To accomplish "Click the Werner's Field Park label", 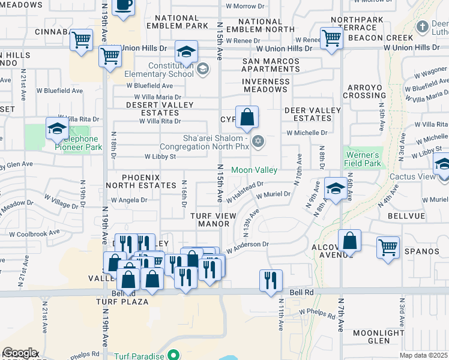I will pos(363,159).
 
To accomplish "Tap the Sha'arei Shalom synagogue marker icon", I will pos(258,142).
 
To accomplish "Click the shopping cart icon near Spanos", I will pos(388,246).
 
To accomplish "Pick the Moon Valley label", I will pos(255,170).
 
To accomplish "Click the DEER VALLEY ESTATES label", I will pos(312,115).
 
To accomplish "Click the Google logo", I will pos(19,353).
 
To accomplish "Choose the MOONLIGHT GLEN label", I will pos(391,337).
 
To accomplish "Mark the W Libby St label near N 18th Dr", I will pos(160,157).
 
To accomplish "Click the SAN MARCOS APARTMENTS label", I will pos(271,65).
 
